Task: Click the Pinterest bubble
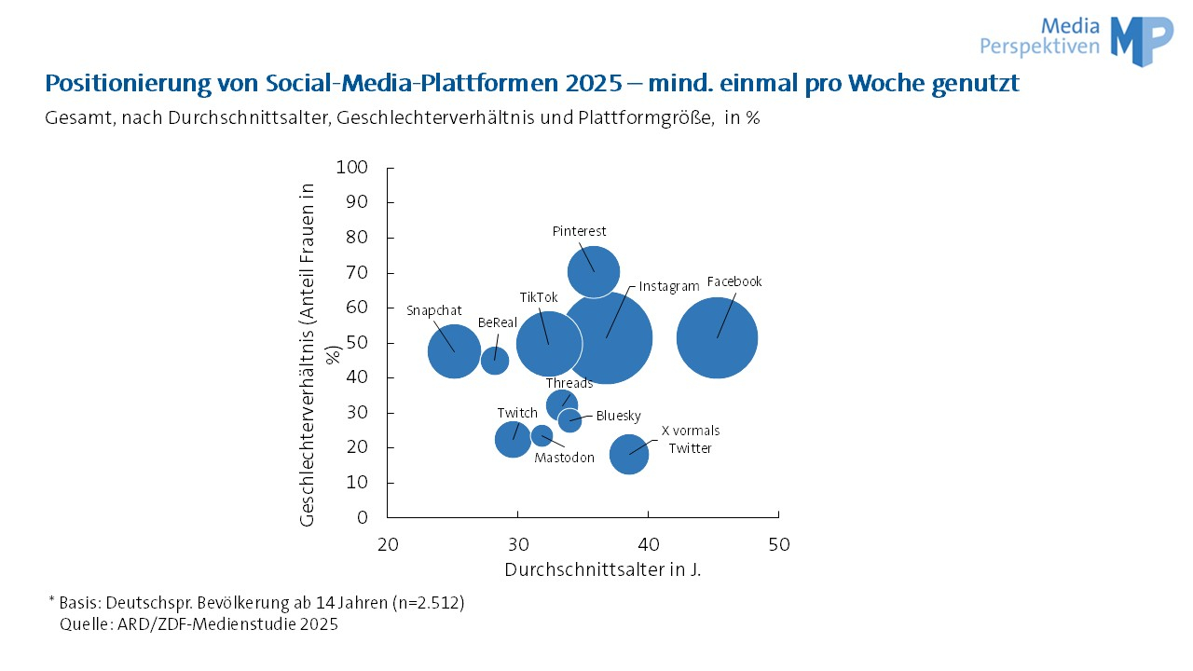(x=594, y=271)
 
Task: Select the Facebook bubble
(x=717, y=337)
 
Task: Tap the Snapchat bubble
(x=454, y=351)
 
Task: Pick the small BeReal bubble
(x=495, y=360)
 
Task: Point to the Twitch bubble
(x=513, y=438)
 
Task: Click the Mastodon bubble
(x=542, y=435)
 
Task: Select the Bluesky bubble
(x=569, y=419)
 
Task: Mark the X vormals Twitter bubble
(x=629, y=454)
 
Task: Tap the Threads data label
(x=569, y=383)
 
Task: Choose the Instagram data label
(x=668, y=287)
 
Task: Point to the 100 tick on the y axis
(x=352, y=168)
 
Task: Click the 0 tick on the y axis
(x=363, y=517)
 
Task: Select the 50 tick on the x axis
(x=778, y=545)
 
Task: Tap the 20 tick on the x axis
(x=388, y=545)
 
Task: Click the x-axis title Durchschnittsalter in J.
(x=602, y=569)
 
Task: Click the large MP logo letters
(x=1142, y=40)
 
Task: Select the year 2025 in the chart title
(x=592, y=84)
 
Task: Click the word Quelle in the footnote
(x=82, y=624)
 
